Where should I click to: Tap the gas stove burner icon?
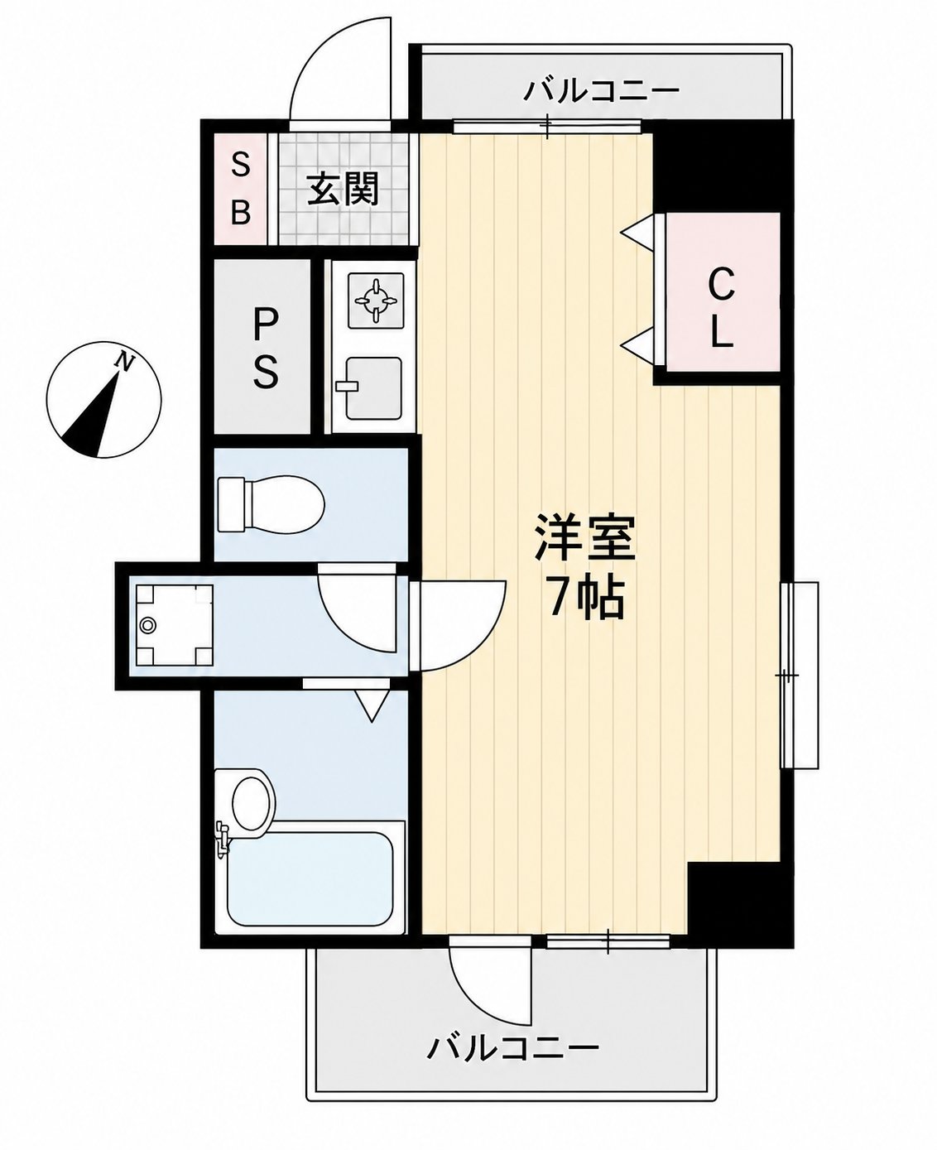tap(376, 301)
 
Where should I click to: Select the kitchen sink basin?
tap(373, 387)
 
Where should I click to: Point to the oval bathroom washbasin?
tap(252, 803)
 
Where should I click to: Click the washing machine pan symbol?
tap(174, 625)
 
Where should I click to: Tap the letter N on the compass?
tap(125, 361)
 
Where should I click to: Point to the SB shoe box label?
tap(240, 189)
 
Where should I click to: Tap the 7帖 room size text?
tap(586, 599)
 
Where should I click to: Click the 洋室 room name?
tap(586, 538)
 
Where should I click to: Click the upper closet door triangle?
tap(638, 232)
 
